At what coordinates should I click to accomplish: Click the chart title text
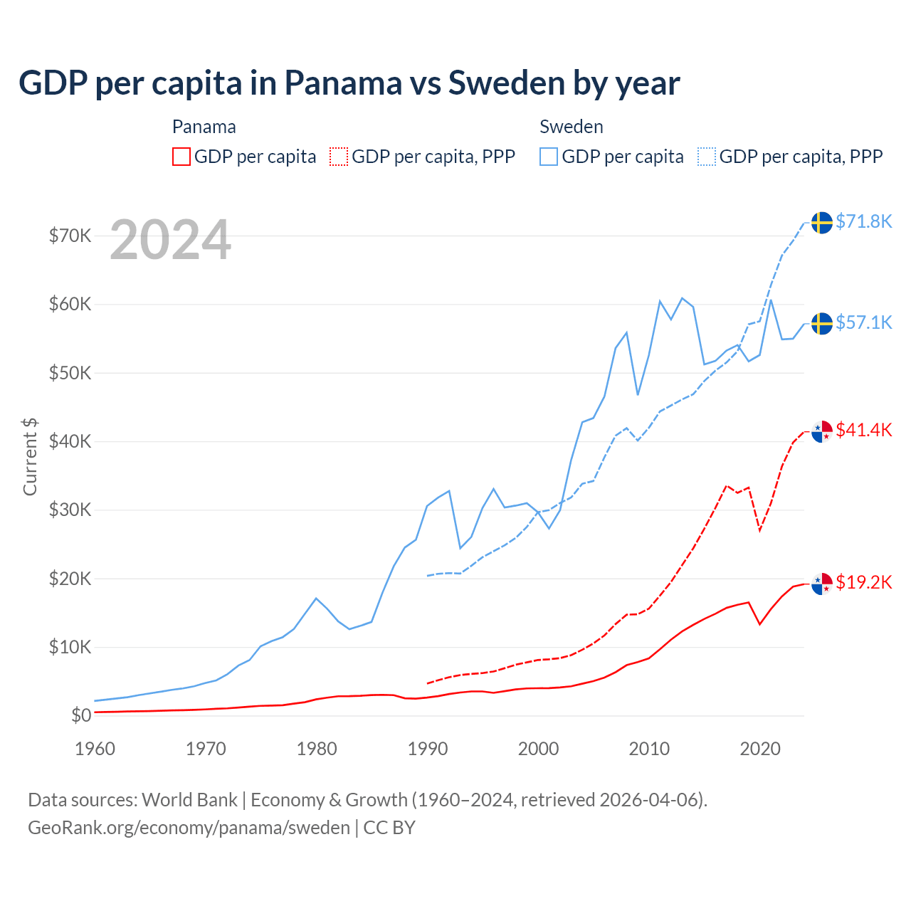pos(349,83)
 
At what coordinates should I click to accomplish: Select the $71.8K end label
pos(863,221)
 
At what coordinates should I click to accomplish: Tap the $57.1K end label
pos(863,322)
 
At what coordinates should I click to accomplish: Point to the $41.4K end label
pos(863,430)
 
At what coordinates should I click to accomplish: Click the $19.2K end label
pos(863,582)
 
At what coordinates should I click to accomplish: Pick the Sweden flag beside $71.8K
pos(822,223)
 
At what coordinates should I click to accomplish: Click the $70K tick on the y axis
pos(70,236)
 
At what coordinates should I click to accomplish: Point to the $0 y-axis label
pos(81,715)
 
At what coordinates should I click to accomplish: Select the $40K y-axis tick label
pos(70,441)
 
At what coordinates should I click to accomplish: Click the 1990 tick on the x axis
pos(428,749)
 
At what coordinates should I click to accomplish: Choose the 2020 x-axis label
pos(760,749)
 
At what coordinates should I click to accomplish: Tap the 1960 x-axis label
pos(95,749)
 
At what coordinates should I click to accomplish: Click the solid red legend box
pos(181,157)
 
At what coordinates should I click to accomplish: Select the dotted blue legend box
pos(707,157)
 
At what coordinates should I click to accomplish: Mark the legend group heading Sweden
pos(571,127)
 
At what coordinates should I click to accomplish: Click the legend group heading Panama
pos(204,127)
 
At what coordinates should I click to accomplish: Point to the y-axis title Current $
pos(30,456)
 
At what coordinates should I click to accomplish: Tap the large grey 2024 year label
pos(170,240)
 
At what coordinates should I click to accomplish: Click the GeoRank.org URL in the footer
pos(189,828)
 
